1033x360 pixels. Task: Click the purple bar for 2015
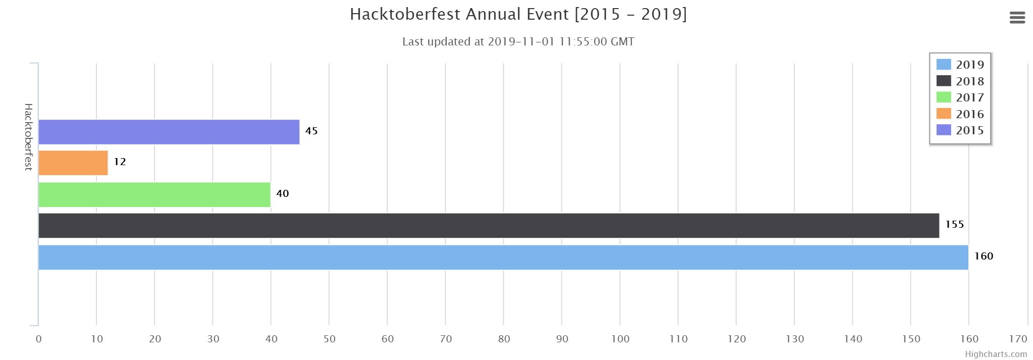(x=169, y=132)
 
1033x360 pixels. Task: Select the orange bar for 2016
(x=73, y=163)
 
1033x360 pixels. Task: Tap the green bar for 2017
(x=154, y=194)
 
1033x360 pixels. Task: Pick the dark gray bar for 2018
(x=489, y=226)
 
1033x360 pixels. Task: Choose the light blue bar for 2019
(x=503, y=258)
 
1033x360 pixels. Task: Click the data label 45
(x=312, y=131)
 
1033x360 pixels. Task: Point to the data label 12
(x=120, y=162)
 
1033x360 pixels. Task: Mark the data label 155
(x=954, y=224)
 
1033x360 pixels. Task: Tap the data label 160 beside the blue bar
(x=984, y=256)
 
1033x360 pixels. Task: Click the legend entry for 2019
(x=960, y=65)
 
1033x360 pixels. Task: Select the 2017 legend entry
(x=960, y=97)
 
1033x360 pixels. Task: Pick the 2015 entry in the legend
(x=960, y=130)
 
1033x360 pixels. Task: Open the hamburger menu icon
(x=1017, y=18)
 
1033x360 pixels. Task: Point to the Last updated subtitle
(x=518, y=41)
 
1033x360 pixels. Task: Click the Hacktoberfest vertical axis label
(x=28, y=137)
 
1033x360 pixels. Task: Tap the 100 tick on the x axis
(x=620, y=339)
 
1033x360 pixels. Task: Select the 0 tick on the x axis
(x=38, y=339)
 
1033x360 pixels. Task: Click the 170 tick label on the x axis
(x=1018, y=339)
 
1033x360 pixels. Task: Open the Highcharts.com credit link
(x=996, y=354)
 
